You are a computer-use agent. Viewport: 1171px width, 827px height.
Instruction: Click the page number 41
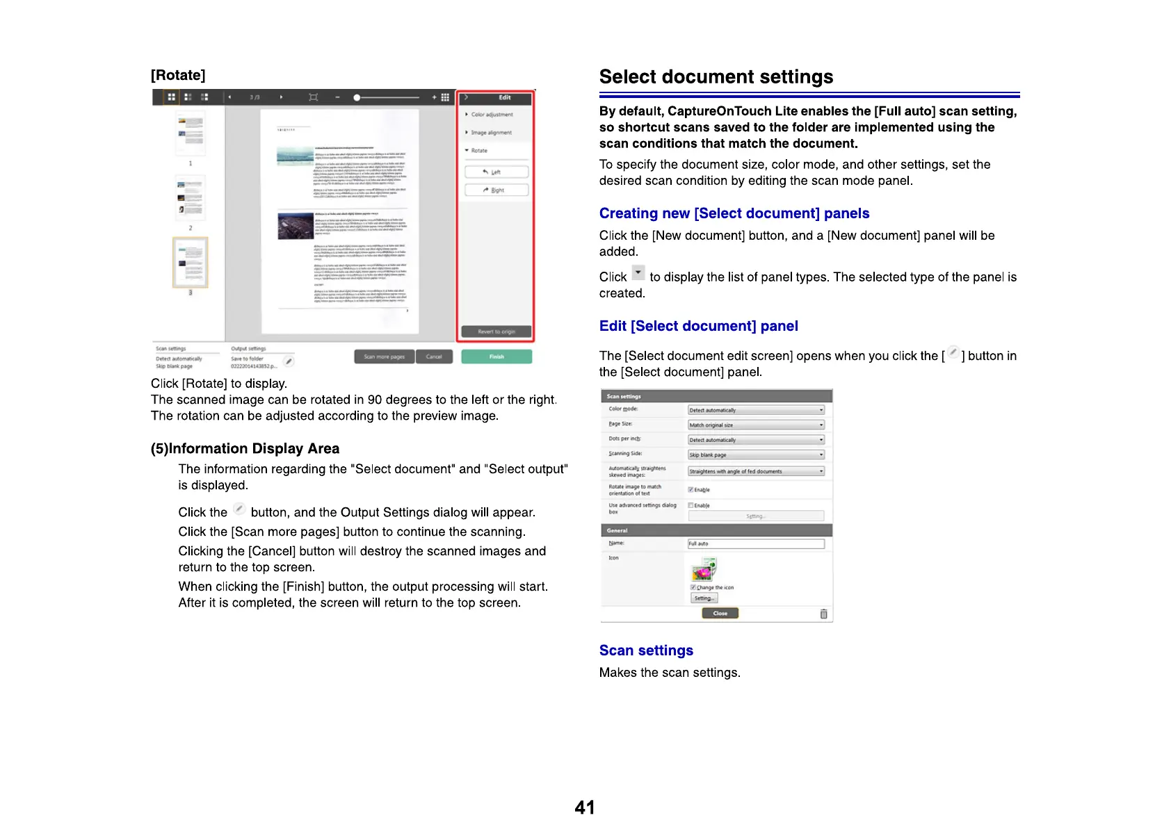(585, 808)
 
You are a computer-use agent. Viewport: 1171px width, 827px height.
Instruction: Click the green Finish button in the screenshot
(496, 357)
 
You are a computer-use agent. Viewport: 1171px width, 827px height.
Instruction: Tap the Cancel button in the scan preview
(434, 357)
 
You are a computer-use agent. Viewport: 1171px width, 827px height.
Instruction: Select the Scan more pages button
(385, 357)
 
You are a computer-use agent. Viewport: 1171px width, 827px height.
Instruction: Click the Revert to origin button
(496, 331)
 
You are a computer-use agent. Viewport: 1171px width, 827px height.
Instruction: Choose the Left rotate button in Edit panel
(496, 172)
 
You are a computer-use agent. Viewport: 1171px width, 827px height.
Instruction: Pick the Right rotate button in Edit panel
(496, 190)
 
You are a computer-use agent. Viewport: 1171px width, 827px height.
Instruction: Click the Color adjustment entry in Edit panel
(492, 115)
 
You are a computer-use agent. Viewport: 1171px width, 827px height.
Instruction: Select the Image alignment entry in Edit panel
(491, 132)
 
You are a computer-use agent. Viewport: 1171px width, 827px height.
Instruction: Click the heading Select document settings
(716, 76)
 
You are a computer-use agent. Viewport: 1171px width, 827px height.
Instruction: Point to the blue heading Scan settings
(646, 650)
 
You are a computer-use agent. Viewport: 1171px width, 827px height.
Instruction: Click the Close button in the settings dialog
(720, 613)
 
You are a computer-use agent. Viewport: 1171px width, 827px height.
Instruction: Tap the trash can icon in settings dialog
(823, 614)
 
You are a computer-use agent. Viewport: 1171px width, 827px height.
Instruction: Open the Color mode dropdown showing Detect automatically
(756, 410)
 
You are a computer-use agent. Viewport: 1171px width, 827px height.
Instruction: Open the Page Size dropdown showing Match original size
(756, 425)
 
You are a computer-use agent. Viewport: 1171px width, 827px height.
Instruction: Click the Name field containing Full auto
(756, 543)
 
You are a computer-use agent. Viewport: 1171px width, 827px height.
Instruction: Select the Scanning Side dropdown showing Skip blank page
(756, 455)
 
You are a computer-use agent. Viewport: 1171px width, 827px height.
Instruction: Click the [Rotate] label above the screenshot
(178, 75)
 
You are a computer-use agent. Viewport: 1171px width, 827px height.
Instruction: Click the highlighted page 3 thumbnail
(191, 263)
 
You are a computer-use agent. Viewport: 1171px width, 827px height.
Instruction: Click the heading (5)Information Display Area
(245, 448)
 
